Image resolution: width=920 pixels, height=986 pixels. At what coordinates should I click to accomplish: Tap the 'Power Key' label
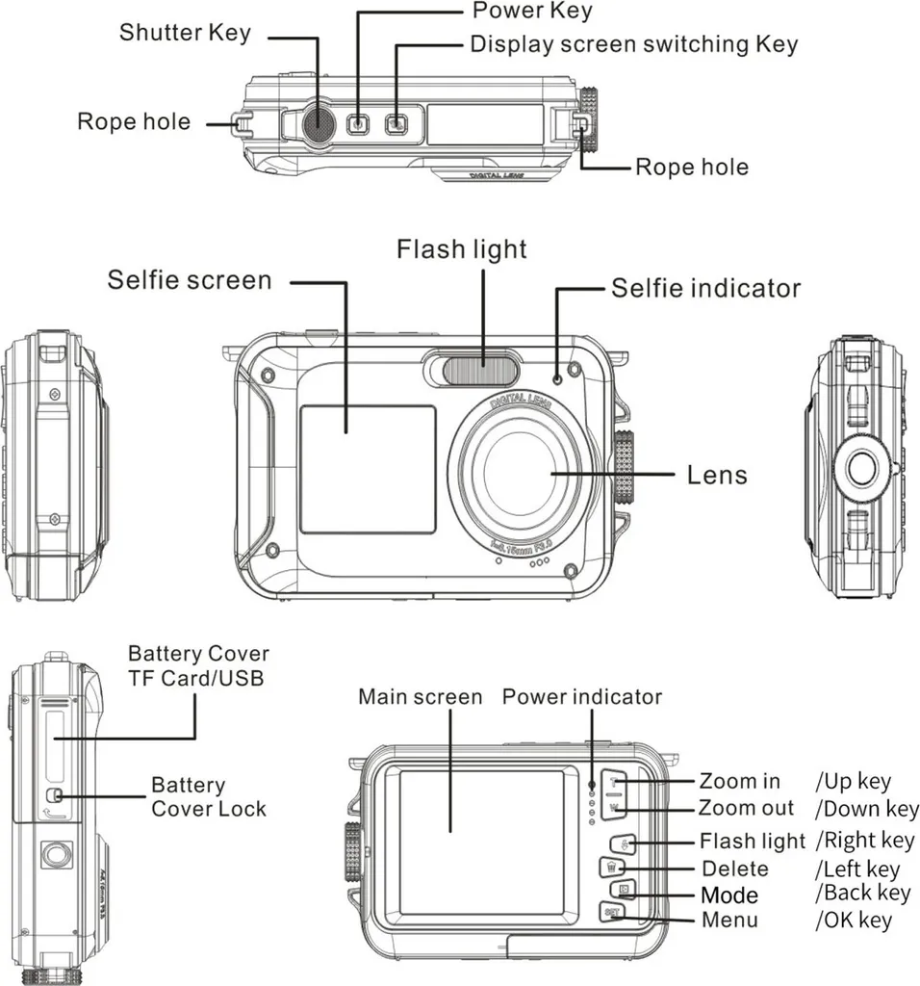532,12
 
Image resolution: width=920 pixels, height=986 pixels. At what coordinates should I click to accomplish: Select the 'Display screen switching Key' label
633,44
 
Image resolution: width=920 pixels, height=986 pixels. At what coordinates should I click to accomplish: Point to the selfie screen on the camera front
367,469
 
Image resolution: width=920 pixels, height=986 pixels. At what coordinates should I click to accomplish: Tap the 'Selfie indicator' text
705,288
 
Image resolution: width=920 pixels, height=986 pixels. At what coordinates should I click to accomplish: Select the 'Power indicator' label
582,696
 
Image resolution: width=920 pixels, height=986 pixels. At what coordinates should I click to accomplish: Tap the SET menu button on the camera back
610,911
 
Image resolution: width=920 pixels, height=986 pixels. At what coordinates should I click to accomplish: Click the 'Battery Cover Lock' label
208,796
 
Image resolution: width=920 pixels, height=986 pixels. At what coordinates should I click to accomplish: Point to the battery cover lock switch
56,795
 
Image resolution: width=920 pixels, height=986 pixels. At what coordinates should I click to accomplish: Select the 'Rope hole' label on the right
691,168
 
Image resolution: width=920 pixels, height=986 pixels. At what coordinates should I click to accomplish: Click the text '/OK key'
853,921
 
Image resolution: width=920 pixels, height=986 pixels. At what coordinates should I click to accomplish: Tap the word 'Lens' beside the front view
717,475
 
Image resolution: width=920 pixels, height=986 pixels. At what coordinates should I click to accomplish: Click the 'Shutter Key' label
185,32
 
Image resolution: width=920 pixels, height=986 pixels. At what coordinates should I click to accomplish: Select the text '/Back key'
861,894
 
